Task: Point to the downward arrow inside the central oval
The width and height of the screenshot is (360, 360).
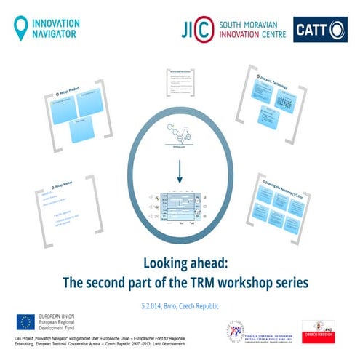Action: click(x=177, y=172)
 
